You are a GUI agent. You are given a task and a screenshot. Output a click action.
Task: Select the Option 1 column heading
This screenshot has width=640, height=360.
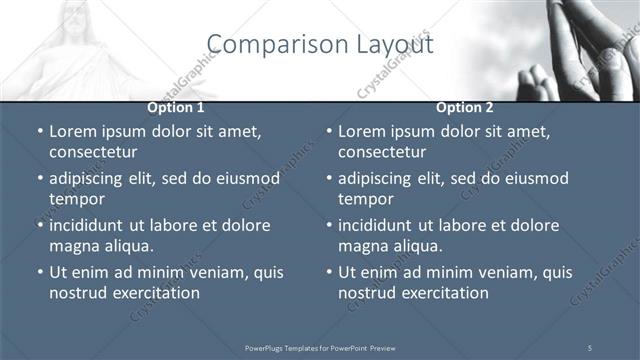pos(176,106)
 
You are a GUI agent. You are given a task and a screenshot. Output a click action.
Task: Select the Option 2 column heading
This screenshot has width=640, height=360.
pos(465,106)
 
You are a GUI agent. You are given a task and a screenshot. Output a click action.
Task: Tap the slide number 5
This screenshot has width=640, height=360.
pos(590,347)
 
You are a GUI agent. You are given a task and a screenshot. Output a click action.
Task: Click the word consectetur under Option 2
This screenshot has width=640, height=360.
pos(382,153)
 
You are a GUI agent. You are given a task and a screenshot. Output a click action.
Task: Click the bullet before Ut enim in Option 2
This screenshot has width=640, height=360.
pos(330,272)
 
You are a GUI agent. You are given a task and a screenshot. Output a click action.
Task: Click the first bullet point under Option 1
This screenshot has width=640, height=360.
pos(40,131)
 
